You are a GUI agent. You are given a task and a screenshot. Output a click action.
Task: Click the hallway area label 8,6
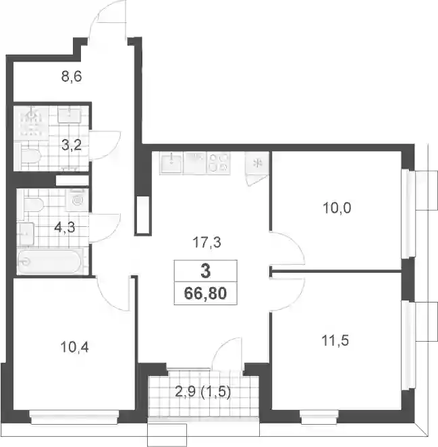pyautogui.click(x=72, y=76)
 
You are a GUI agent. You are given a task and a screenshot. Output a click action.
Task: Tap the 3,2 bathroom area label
pyautogui.click(x=72, y=145)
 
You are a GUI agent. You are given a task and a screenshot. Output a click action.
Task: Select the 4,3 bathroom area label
pyautogui.click(x=64, y=228)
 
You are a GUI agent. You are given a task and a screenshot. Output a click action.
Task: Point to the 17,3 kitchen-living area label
pyautogui.click(x=207, y=243)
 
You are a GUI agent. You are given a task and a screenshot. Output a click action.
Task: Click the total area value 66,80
pyautogui.click(x=205, y=293)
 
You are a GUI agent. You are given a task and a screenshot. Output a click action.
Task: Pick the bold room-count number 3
pyautogui.click(x=205, y=271)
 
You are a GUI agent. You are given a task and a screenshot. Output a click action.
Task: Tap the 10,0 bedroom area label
pyautogui.click(x=337, y=208)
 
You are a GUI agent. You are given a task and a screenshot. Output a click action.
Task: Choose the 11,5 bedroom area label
pyautogui.click(x=335, y=340)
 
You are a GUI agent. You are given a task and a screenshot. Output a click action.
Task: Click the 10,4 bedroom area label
pyautogui.click(x=75, y=347)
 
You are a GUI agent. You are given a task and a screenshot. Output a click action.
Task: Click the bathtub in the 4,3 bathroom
pyautogui.click(x=51, y=261)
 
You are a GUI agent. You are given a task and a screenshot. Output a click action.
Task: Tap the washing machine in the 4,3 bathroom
pyautogui.click(x=77, y=200)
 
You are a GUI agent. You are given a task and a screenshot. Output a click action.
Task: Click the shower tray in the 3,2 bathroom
pyautogui.click(x=31, y=123)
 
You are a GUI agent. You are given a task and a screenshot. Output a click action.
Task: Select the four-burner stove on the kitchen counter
pyautogui.click(x=218, y=163)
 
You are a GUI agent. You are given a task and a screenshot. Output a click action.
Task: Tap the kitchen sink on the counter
pyautogui.click(x=171, y=163)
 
